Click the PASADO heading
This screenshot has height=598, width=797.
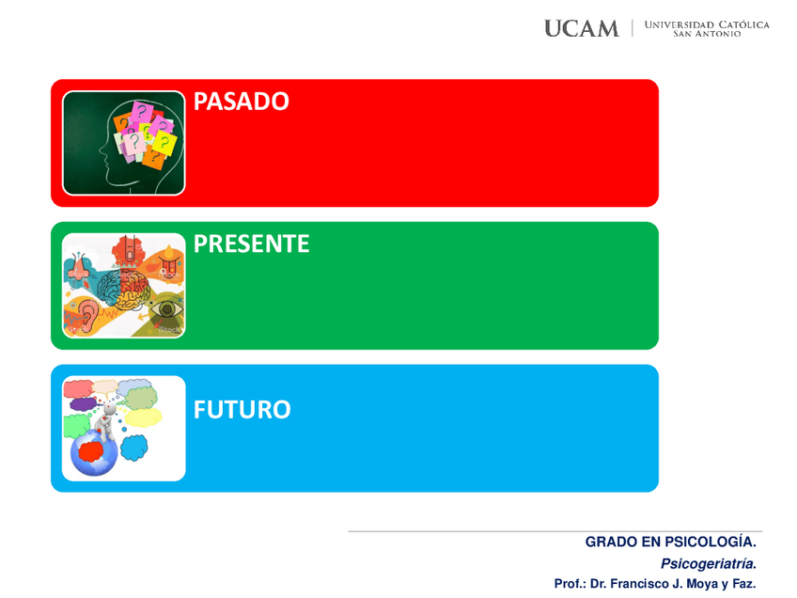point(241,102)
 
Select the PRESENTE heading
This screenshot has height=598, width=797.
point(251,244)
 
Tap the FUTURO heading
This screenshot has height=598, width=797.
point(242,409)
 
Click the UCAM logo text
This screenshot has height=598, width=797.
point(582,28)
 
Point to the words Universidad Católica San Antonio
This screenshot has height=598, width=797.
point(707,29)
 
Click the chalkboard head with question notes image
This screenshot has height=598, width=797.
point(123,143)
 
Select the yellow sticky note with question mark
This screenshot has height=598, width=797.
point(164,142)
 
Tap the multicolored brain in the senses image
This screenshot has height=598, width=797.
point(123,290)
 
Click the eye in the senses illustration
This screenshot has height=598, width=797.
point(166,308)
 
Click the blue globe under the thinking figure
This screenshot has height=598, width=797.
point(94,452)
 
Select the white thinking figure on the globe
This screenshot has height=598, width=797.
point(105,421)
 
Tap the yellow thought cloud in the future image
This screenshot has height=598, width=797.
point(144,417)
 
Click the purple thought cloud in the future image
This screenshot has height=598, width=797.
point(83,404)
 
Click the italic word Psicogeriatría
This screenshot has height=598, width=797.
point(709,563)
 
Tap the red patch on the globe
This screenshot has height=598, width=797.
point(91,451)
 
